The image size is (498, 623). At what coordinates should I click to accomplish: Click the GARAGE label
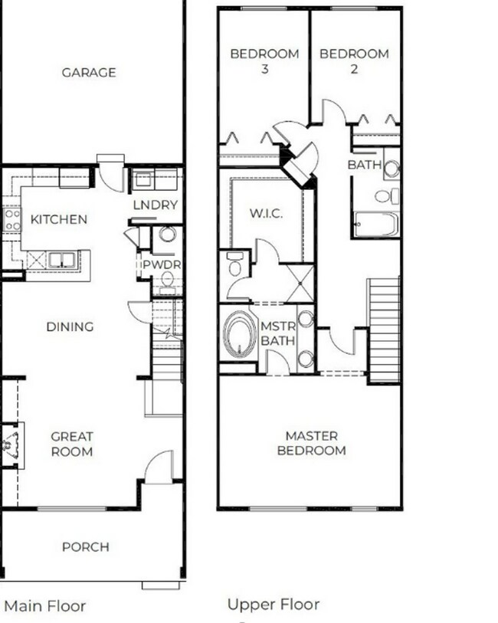[x=89, y=73]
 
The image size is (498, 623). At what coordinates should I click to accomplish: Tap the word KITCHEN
[x=58, y=219]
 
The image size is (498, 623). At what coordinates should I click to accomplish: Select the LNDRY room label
[x=155, y=205]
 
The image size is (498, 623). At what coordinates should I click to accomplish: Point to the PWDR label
[x=156, y=265]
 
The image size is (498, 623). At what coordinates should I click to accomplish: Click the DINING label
[x=70, y=326]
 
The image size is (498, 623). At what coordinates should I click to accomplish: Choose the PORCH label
[x=85, y=547]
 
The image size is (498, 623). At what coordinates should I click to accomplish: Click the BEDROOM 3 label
[x=264, y=61]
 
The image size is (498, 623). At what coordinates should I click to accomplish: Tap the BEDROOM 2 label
[x=354, y=61]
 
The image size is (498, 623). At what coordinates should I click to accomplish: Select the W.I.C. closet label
[x=266, y=213]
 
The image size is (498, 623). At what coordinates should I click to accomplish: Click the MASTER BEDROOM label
[x=310, y=443]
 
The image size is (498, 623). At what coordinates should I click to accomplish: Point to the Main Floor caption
[x=45, y=606]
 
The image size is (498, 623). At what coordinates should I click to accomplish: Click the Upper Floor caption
[x=273, y=605]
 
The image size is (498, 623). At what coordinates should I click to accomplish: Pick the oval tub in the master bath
[x=240, y=335]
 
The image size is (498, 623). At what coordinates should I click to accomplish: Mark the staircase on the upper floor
[x=384, y=330]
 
